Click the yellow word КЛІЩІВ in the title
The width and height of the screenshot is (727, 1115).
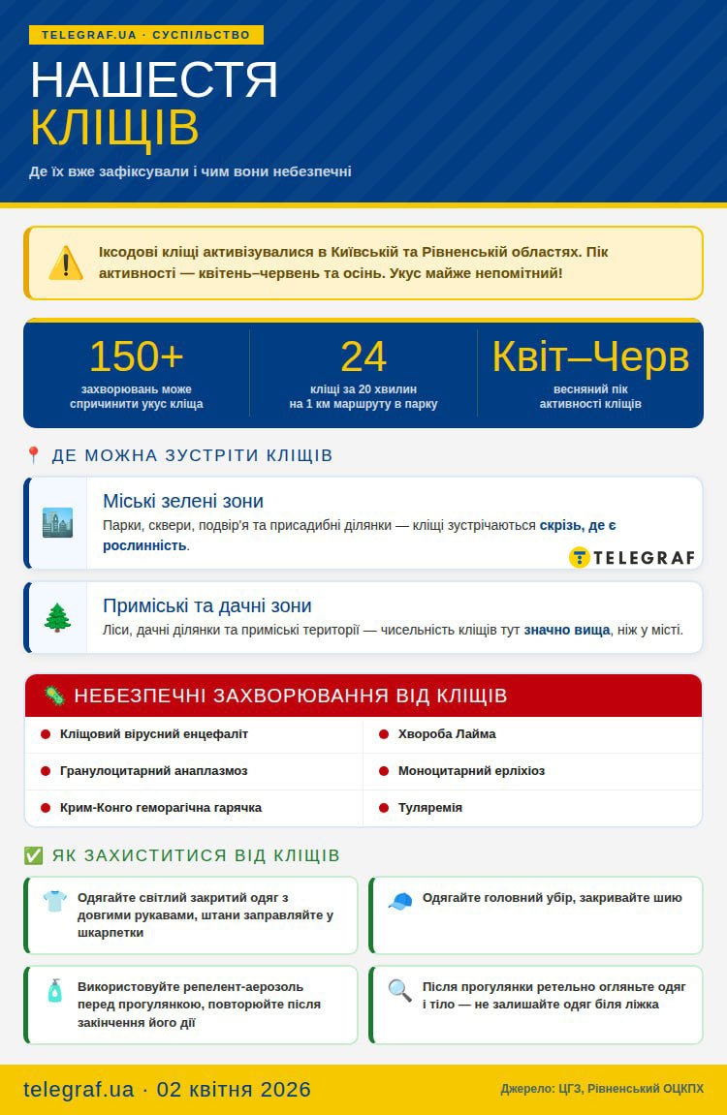(114, 127)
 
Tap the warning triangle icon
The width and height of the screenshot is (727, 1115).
(66, 263)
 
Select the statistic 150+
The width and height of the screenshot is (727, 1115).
(136, 356)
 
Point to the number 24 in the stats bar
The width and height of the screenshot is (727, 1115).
(363, 356)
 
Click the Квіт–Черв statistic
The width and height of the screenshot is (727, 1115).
(590, 356)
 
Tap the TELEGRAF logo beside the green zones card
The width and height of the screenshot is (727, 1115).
(632, 557)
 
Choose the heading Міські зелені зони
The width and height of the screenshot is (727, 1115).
(183, 501)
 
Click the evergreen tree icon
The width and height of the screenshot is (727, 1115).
(57, 617)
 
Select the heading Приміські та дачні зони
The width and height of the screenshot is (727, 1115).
(207, 605)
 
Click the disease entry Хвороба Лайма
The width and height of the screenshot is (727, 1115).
(447, 734)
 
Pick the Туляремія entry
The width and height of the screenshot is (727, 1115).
(430, 808)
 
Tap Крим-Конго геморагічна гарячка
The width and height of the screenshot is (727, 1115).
(161, 808)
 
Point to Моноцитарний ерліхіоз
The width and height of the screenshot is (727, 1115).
(471, 771)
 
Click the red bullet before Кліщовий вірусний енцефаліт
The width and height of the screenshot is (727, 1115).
(46, 734)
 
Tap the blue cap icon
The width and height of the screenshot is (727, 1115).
(399, 901)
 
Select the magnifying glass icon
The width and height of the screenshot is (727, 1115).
(399, 990)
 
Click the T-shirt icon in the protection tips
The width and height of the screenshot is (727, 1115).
(55, 901)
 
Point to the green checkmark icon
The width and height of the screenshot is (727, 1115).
(33, 855)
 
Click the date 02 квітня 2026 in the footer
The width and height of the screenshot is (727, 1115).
(234, 1089)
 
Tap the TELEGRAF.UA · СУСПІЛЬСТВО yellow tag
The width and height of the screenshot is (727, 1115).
(146, 35)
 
